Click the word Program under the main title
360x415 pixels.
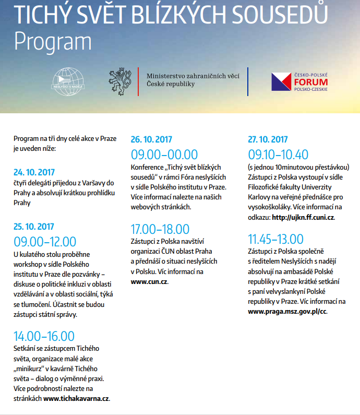53,41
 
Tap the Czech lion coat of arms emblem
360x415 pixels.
120,80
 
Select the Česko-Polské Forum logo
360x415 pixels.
301,81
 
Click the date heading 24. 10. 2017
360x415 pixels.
34,172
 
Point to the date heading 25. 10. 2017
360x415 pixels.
34,227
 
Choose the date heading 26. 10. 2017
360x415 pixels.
151,139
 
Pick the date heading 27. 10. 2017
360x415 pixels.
268,139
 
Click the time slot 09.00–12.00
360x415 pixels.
45,242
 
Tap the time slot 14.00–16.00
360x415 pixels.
44,336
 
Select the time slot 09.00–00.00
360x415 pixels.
164,155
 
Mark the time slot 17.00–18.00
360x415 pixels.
160,229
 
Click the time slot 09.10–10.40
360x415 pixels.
278,155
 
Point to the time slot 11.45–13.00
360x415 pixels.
275,239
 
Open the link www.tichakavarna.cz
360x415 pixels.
76,398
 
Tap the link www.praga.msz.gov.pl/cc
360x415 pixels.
287,311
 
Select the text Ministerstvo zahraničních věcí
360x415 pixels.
193,76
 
